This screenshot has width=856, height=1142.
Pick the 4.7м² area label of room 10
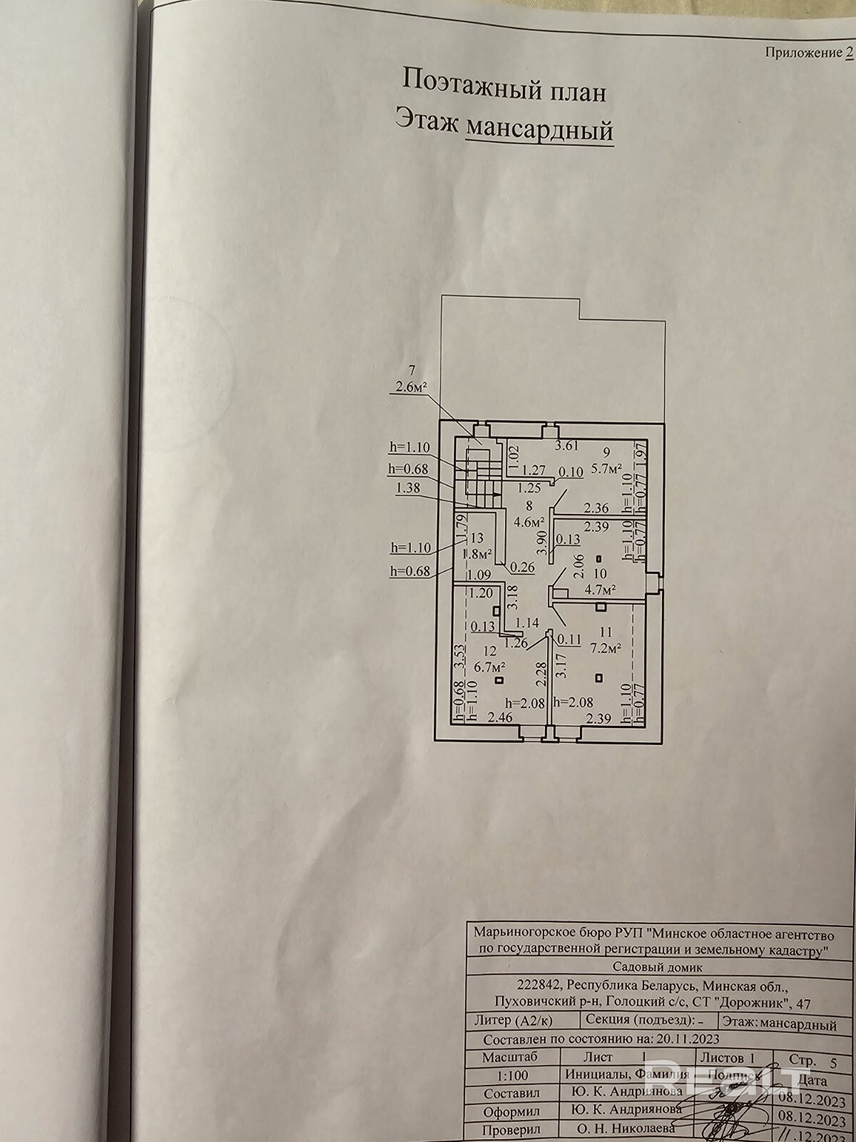tap(600, 590)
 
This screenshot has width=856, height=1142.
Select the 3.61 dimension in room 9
tap(567, 447)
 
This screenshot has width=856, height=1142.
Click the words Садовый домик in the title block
tap(657, 968)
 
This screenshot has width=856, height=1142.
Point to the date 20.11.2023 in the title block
tap(689, 1039)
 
